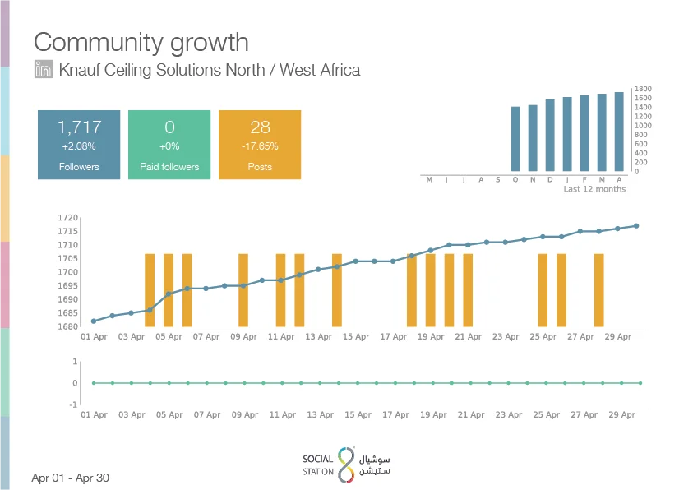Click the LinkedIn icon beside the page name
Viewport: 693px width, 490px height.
coord(44,69)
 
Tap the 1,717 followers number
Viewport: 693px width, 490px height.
coord(80,127)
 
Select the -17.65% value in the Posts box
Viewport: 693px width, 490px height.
coord(260,146)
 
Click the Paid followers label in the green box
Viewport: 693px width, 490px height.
coord(169,167)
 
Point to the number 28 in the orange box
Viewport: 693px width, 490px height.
coord(260,127)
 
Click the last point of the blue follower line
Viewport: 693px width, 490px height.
coord(636,226)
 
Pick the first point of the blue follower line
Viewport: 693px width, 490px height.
coord(94,321)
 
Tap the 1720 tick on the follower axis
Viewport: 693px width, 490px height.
coord(67,217)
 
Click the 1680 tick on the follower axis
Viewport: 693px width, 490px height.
coord(67,326)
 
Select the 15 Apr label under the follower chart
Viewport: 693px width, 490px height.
coord(356,337)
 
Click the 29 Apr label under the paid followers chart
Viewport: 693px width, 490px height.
coord(621,415)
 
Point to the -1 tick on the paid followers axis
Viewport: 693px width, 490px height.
coord(73,404)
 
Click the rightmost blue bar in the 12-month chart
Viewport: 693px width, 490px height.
coord(619,132)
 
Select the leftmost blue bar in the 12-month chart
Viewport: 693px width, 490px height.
coord(515,139)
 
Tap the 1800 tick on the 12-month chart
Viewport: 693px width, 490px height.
coord(643,89)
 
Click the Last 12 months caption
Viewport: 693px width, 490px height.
coord(594,189)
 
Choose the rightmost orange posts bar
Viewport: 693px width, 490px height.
coord(598,290)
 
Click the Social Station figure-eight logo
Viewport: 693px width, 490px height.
coord(346,465)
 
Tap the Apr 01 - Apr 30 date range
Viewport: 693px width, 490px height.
coord(70,478)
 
